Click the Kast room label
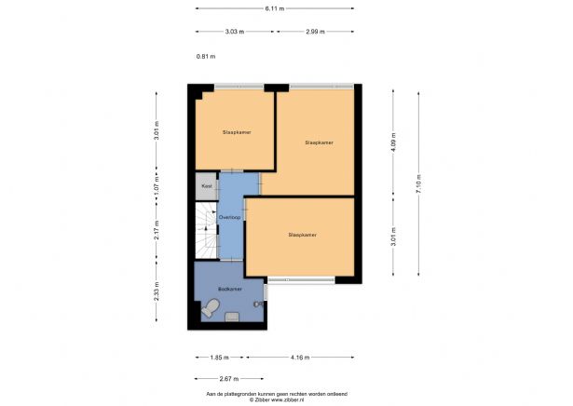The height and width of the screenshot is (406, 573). (206, 186)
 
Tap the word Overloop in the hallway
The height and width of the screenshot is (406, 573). (229, 216)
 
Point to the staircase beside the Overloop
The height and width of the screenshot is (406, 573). (205, 233)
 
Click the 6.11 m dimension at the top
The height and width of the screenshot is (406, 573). (274, 8)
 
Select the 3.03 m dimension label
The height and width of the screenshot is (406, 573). (235, 31)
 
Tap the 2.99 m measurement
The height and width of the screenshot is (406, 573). (314, 31)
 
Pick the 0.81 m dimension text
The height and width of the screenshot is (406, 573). (206, 57)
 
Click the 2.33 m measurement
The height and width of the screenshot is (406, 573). (157, 294)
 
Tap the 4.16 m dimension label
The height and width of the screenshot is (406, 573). (299, 358)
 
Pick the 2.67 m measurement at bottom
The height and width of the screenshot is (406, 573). (229, 379)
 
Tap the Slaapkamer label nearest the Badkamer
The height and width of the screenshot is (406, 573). (303, 235)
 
